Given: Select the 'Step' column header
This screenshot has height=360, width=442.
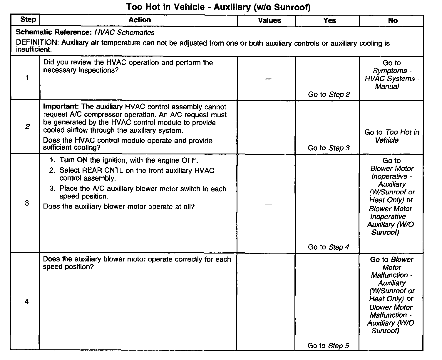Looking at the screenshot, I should click(28, 20).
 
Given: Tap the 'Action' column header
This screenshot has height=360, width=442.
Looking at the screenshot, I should click(140, 20).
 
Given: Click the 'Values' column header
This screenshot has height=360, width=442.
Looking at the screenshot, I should click(269, 20).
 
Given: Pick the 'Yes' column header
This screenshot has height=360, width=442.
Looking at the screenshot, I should click(329, 20).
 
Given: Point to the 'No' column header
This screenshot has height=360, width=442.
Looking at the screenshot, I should click(393, 20).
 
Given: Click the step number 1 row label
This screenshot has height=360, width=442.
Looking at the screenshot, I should click(27, 78).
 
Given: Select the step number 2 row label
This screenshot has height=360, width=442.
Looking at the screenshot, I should click(27, 127).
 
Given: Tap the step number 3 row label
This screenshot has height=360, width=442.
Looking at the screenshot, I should click(27, 203).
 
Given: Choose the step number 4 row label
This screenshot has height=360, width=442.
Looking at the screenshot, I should click(26, 302).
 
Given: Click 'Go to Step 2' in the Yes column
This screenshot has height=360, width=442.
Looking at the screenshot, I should click(329, 94).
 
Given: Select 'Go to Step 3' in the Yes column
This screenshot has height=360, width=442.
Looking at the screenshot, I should click(329, 148).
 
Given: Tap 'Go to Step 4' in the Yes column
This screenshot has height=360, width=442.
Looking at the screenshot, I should click(328, 247).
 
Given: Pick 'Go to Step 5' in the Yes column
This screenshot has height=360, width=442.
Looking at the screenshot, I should click(328, 346).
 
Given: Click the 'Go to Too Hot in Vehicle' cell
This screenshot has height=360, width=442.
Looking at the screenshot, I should click(392, 136).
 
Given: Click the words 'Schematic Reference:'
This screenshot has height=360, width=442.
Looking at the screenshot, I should click(54, 32).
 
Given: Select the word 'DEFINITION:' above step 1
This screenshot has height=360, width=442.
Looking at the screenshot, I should click(37, 43).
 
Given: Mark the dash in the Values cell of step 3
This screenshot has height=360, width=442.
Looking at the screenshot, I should click(268, 204).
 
